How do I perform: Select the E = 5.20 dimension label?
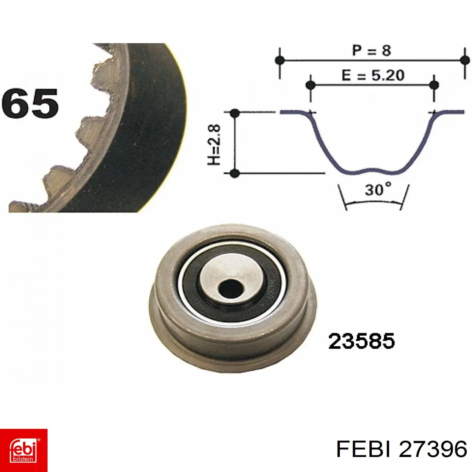point(373,76)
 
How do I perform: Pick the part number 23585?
point(361,341)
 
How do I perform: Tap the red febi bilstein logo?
point(24,450)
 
